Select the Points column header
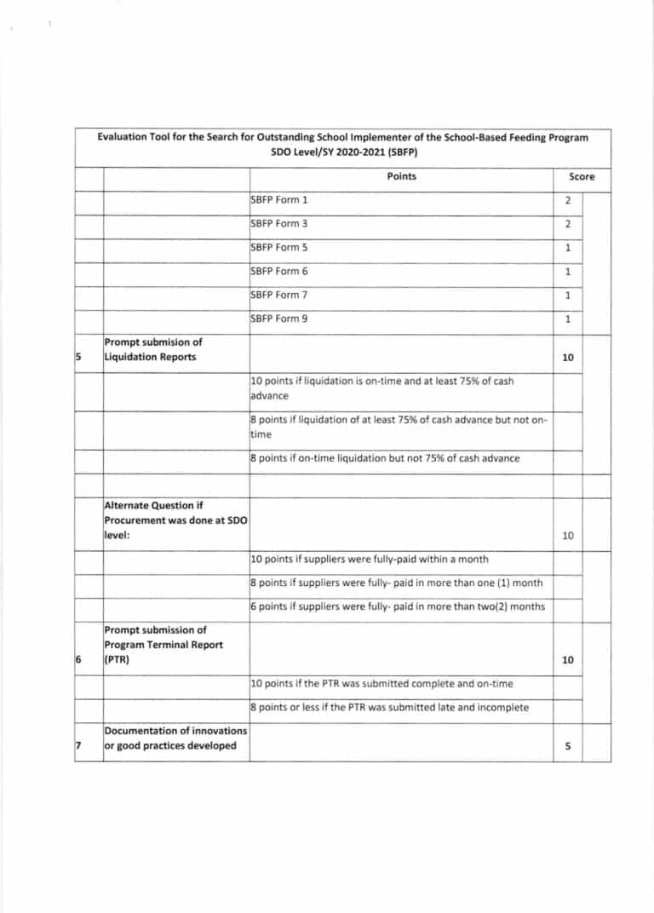(x=401, y=176)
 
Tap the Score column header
(x=582, y=177)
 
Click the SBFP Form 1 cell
(x=279, y=200)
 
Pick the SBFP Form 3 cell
(x=279, y=224)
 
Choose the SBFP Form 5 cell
(x=279, y=248)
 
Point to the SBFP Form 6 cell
(x=279, y=272)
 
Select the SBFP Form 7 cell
(x=279, y=296)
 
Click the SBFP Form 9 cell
(x=279, y=319)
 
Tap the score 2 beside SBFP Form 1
(x=567, y=201)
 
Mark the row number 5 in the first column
(x=77, y=357)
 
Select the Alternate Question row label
(x=175, y=520)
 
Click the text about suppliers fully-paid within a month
(x=370, y=560)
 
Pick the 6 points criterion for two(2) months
(x=397, y=606)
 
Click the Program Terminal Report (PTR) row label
(x=163, y=645)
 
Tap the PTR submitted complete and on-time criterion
(x=381, y=684)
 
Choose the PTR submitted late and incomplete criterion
(x=389, y=708)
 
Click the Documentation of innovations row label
(x=175, y=738)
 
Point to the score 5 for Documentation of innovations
(x=567, y=746)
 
